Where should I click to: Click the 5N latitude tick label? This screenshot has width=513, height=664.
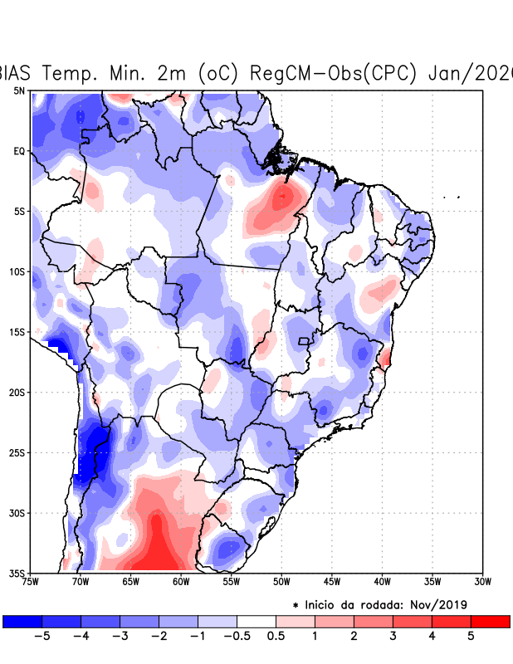(19, 90)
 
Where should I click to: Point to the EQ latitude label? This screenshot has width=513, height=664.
(19, 151)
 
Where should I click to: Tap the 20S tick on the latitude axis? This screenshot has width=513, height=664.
(17, 393)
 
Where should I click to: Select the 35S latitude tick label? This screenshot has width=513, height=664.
(17, 574)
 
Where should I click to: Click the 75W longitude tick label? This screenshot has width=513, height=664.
(30, 581)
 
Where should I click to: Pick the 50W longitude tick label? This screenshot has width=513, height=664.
(281, 581)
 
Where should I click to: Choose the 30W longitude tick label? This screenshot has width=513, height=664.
(483, 581)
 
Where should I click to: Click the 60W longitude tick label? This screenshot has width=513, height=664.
(181, 581)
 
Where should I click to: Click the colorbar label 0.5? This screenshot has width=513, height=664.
(276, 636)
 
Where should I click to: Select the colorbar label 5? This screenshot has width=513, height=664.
(471, 636)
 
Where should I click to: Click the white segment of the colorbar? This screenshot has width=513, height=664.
(256, 621)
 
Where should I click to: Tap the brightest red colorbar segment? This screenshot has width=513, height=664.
(491, 621)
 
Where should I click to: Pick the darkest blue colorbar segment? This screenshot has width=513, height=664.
(22, 621)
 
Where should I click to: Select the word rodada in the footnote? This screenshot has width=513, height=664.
(374, 604)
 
